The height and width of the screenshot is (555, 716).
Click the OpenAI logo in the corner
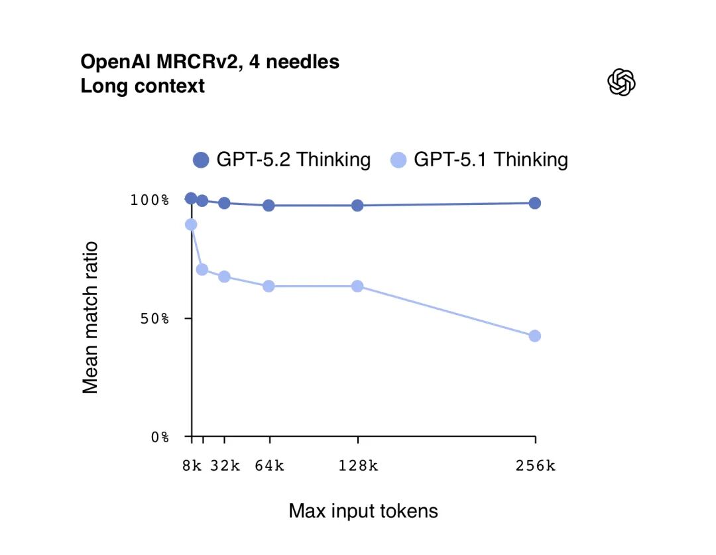click(621, 82)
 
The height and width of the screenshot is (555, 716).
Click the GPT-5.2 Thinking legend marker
click(201, 160)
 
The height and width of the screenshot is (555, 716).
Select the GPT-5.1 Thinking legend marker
click(398, 160)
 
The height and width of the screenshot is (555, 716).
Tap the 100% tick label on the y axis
click(150, 200)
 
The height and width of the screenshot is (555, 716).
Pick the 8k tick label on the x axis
click(192, 465)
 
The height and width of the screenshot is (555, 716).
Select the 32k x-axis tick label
click(225, 465)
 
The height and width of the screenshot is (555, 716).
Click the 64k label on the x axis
click(269, 465)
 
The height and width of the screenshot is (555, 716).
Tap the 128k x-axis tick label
click(358, 465)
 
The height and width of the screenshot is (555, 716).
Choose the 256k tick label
click(536, 465)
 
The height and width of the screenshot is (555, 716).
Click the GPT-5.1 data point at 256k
click(535, 336)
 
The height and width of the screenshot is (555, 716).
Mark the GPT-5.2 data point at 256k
click(535, 203)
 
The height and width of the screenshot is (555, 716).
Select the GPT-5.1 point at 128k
click(357, 286)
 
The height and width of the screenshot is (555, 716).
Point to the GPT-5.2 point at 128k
click(357, 206)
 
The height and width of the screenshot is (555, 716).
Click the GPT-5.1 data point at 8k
click(191, 225)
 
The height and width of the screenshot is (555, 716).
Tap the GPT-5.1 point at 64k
click(268, 286)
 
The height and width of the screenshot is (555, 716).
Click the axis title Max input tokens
click(363, 511)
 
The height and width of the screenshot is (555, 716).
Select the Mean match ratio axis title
click(91, 318)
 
